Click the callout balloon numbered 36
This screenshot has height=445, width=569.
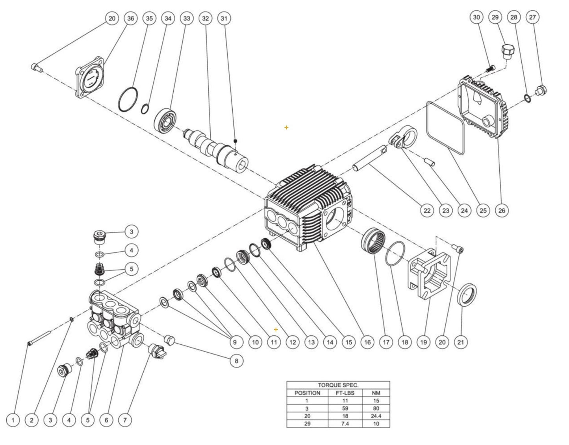coord(131,18)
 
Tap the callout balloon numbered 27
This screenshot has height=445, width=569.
coord(533,17)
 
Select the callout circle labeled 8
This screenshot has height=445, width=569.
coord(236,361)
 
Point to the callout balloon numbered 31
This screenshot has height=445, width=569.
coord(224,18)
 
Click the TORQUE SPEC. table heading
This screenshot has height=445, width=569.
coord(338,385)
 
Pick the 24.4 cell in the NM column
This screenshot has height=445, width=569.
coord(376,416)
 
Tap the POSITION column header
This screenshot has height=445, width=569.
coord(307,393)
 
